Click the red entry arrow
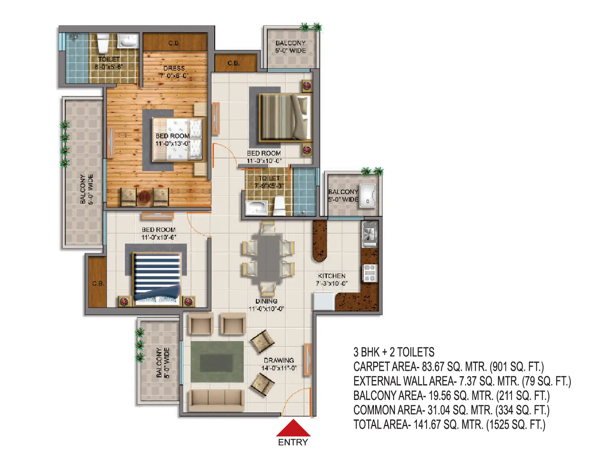pos(293,428)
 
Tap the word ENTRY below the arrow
pos(293,443)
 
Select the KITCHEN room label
pos(332,276)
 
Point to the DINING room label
pos(266,301)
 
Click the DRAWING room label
pos(279,360)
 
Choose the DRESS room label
pos(174,68)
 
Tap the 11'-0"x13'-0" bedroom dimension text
pos(173,144)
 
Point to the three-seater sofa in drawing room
pos(216,400)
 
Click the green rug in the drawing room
pos(217,362)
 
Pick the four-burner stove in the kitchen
pos(370,273)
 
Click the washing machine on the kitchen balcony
pos(367,196)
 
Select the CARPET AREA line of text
pos(449,367)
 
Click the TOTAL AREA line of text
pos(449,425)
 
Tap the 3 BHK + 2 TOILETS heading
pos(394,352)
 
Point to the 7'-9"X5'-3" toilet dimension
pos(269,185)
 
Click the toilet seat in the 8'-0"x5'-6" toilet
pos(103,43)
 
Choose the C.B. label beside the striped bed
pos(98,284)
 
